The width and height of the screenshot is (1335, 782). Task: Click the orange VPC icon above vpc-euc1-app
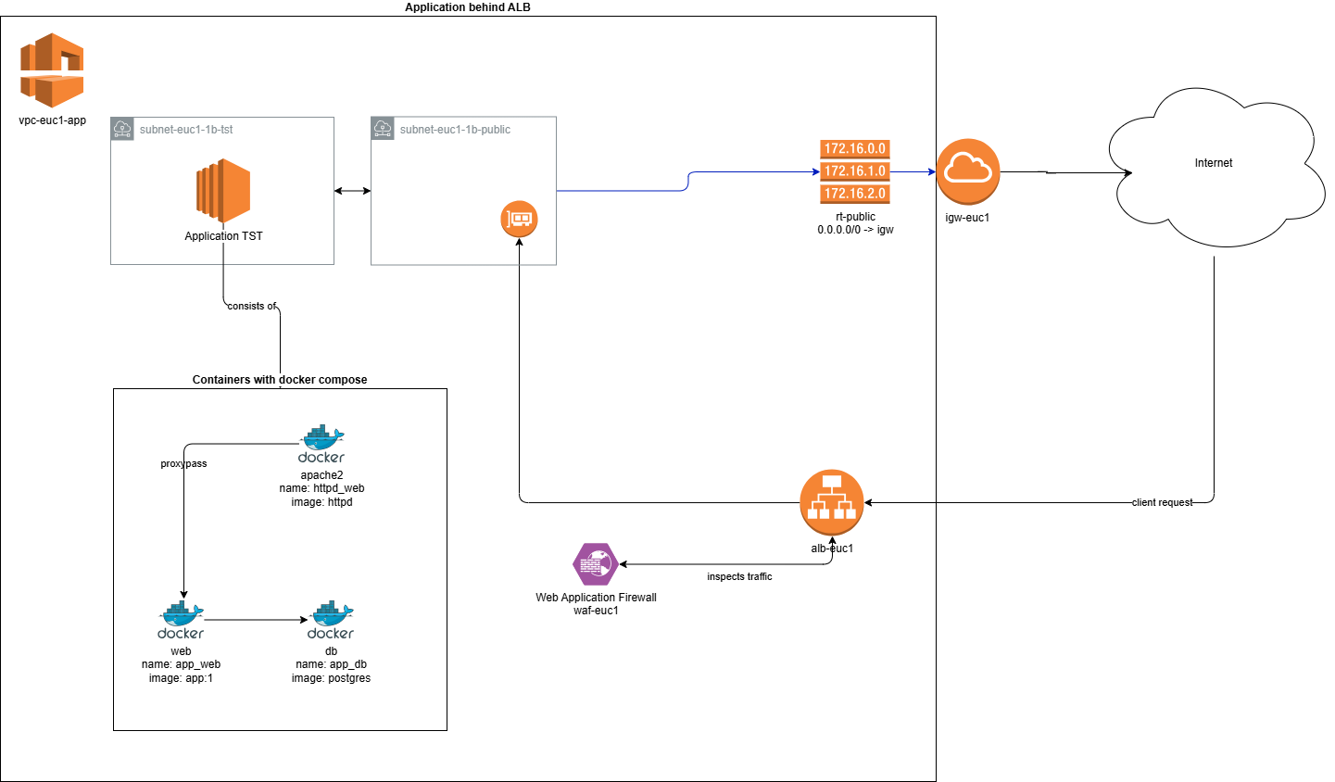[52, 70]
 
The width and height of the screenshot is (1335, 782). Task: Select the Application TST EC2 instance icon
[223, 192]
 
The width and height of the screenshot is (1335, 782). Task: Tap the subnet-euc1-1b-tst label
[186, 130]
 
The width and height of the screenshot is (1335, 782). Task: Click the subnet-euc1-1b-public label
[455, 130]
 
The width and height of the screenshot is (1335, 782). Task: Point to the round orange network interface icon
[519, 219]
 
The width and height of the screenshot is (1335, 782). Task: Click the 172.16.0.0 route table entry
[854, 148]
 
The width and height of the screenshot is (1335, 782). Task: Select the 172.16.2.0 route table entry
[854, 194]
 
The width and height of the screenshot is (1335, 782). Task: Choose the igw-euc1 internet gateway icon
[967, 171]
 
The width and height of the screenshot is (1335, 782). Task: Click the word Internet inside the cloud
[1213, 163]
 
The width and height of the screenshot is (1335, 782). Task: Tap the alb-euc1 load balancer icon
[831, 502]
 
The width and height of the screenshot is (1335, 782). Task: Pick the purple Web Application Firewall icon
[595, 564]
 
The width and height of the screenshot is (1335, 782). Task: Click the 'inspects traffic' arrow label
[739, 576]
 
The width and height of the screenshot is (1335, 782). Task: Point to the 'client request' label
[1162, 502]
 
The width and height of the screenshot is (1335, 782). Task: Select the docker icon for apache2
[321, 444]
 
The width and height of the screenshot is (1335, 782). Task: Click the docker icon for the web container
[181, 620]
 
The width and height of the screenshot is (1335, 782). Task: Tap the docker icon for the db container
[331, 620]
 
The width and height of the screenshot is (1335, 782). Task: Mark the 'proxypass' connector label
[183, 463]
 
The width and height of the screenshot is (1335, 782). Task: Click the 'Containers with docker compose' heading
[280, 380]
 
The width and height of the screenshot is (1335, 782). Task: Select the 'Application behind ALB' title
[468, 7]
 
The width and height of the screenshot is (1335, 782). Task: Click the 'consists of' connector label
[252, 306]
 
